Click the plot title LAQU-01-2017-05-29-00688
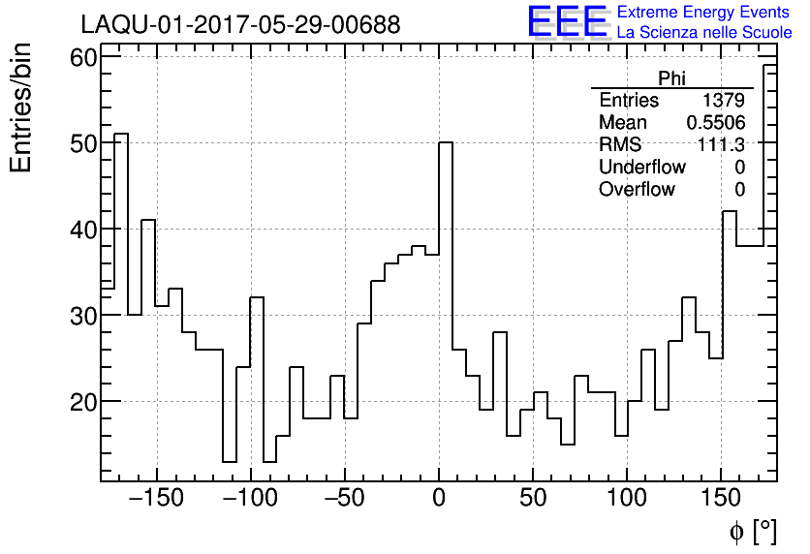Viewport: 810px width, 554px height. tap(240, 24)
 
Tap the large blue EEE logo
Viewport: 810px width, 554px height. tap(567, 22)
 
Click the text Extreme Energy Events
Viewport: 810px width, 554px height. tap(703, 13)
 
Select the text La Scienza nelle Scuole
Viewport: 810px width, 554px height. tap(703, 33)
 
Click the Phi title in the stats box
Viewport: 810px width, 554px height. tap(671, 78)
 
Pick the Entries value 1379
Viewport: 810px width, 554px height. tap(723, 101)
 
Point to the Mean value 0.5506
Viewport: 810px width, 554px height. tap(715, 123)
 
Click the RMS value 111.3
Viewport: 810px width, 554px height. tap(722, 145)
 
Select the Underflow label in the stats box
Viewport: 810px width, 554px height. tap(641, 168)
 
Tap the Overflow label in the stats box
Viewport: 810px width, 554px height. tap(637, 190)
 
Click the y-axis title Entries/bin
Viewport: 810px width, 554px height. tap(21, 108)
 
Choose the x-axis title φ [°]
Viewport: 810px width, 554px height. tap(752, 532)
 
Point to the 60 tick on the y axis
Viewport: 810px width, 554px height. tap(83, 57)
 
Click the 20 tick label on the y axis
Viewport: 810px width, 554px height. tap(83, 401)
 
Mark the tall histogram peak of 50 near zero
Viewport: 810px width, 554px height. tap(446, 143)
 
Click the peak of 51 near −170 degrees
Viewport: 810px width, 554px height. tap(121, 135)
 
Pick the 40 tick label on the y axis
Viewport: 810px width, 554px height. tap(83, 230)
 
